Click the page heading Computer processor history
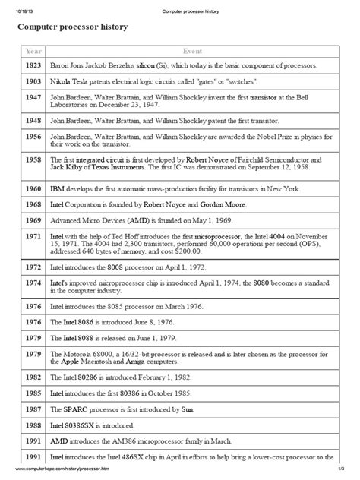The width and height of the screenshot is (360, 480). point(73,27)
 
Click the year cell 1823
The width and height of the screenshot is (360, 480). point(34,67)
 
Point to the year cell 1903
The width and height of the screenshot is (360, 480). point(34,81)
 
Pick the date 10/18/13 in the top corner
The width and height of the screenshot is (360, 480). point(18,6)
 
